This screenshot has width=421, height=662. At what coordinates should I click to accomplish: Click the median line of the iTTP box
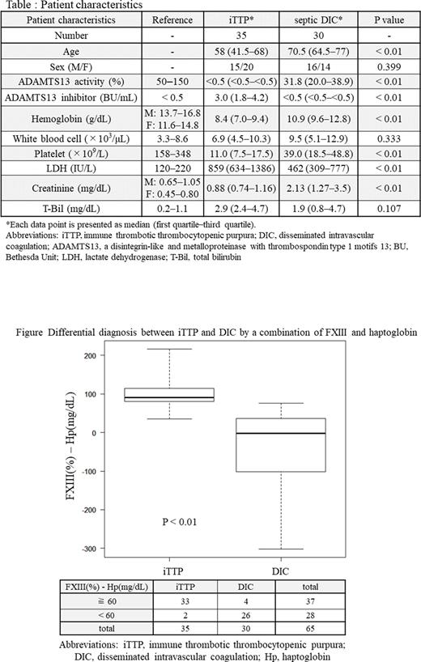point(180,397)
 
